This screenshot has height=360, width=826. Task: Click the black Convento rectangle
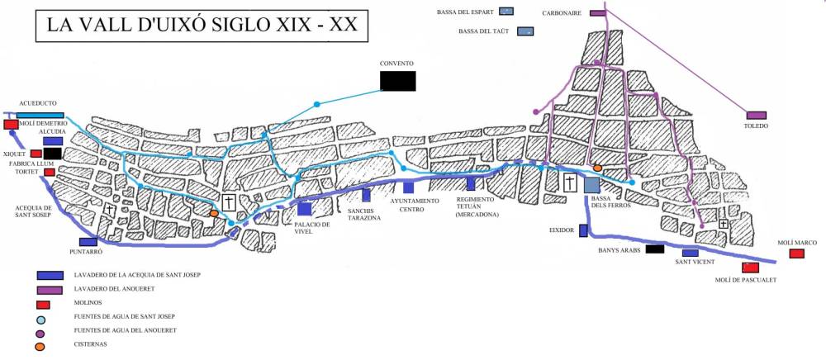pos(397,80)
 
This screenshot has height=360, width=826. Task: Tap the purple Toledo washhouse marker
pos(756,116)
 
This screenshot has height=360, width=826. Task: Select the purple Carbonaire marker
pos(598,14)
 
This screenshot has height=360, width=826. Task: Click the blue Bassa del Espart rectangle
pos(506,12)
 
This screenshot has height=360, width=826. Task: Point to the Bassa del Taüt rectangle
pos(525,31)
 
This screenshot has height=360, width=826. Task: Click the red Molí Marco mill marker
pos(797,253)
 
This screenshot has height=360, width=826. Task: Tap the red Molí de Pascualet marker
pos(751,268)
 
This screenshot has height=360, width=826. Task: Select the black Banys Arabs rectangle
pos(656,249)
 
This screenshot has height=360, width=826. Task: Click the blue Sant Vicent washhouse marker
pos(690,253)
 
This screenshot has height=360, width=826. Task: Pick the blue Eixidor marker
pos(583,230)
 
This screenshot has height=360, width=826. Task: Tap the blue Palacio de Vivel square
pos(305,209)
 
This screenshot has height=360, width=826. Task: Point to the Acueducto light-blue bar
pos(40,115)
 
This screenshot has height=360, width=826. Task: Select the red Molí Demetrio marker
pos(12,125)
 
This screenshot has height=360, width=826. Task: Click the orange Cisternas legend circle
pos(40,345)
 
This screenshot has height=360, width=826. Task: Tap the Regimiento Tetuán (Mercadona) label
pos(477,206)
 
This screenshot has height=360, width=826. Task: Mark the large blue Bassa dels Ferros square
pos(591,184)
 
